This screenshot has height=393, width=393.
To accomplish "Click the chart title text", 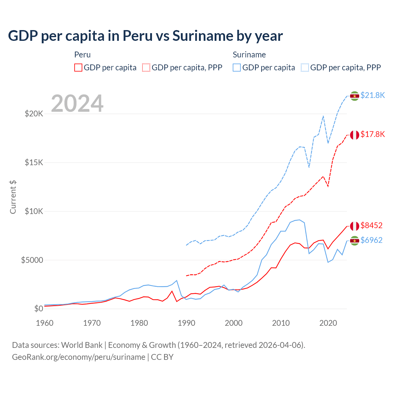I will [145, 36].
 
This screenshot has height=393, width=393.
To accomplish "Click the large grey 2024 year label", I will [77, 103].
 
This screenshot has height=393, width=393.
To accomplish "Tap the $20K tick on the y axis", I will [34, 114].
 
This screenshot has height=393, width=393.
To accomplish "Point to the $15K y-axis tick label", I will [34, 162].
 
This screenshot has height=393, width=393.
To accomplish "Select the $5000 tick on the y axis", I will [32, 260].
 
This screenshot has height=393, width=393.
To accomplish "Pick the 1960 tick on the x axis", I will [45, 323].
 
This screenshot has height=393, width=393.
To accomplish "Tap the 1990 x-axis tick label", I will [186, 323].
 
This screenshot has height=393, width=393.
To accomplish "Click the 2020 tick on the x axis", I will [328, 323].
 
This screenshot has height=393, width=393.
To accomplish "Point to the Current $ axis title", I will [13, 197].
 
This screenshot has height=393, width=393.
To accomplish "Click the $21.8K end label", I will [372, 95].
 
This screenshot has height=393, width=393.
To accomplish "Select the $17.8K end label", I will [372, 134].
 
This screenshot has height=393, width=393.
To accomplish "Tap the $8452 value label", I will [372, 225].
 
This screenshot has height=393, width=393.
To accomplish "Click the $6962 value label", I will [372, 240].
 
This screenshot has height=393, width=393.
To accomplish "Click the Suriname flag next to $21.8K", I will [355, 96].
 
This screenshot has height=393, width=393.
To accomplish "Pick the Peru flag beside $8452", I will [355, 226].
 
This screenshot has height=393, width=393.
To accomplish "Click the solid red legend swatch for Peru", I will [78, 68].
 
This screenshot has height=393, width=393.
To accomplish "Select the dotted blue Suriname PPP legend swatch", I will [305, 68].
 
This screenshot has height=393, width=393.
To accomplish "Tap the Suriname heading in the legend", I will [249, 55].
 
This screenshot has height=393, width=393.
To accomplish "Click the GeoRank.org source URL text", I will [79, 357].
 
